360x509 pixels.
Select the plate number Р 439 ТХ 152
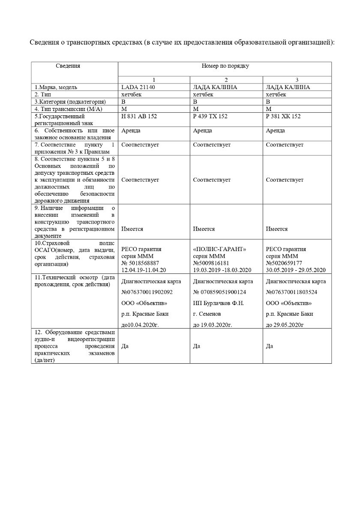click(x=210, y=117)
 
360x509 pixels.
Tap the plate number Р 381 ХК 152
click(x=283, y=117)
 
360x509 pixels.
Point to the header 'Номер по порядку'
click(x=225, y=66)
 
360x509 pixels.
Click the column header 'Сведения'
click(x=68, y=66)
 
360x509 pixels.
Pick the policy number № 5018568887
click(x=141, y=263)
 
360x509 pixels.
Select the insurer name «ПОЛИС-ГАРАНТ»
click(x=220, y=249)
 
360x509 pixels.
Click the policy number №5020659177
click(x=284, y=263)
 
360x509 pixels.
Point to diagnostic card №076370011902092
click(x=147, y=292)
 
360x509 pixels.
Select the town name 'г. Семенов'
click(x=207, y=314)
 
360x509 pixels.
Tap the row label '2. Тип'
click(x=43, y=94)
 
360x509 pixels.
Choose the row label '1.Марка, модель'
click(x=56, y=87)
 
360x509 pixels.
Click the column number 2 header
click(x=226, y=80)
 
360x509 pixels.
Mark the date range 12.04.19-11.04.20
click(x=144, y=270)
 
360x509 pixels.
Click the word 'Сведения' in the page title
click(x=44, y=42)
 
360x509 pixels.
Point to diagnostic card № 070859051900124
click(x=219, y=292)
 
